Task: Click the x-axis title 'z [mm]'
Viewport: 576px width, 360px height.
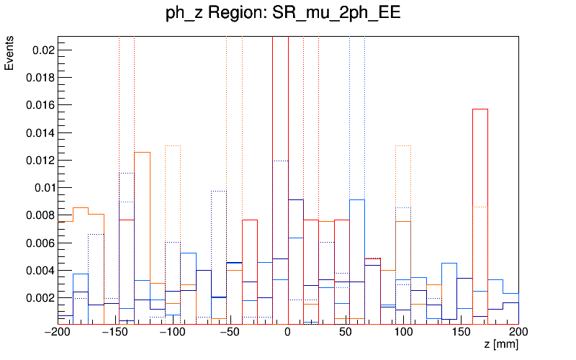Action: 500,345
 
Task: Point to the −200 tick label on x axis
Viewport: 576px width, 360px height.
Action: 58,332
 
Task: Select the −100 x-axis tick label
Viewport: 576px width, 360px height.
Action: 173,332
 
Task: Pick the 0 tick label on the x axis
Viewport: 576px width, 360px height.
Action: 288,332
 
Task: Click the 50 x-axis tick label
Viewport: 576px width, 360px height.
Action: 346,332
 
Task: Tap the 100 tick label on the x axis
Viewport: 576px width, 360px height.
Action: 403,332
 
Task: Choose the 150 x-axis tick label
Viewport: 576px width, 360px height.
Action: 461,332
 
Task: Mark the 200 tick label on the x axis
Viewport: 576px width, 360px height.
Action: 518,332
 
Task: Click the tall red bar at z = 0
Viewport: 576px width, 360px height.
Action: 280,180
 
